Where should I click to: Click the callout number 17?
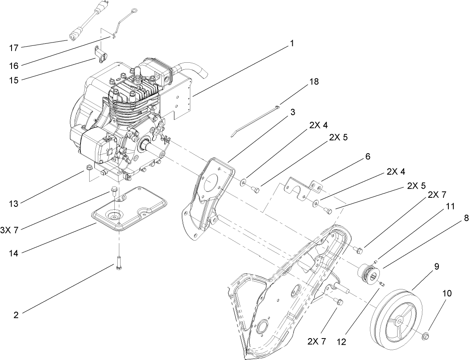click(x=14, y=48)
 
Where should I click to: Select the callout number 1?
click(x=291, y=43)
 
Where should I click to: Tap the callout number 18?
click(x=314, y=82)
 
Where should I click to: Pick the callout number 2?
click(x=16, y=315)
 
